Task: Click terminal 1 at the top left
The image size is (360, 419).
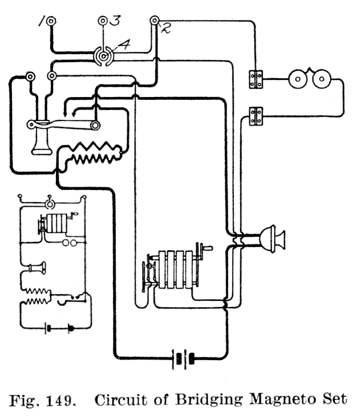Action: click(51, 22)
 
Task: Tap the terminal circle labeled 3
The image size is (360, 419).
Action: click(103, 22)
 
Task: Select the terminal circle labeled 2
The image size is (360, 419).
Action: click(154, 21)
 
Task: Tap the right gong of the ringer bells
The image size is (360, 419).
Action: click(322, 78)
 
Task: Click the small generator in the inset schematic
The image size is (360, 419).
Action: click(54, 223)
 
